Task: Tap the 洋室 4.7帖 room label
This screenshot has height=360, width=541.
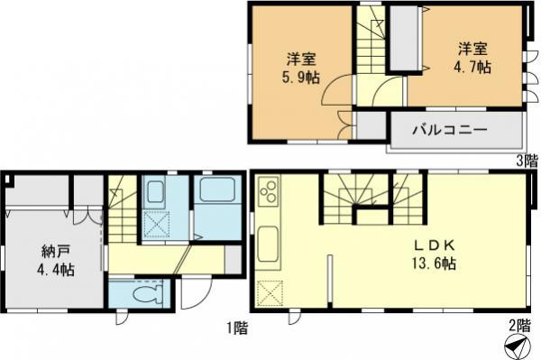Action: (x=472, y=55)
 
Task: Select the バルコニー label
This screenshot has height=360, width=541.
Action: (x=451, y=130)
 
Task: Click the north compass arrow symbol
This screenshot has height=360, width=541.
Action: (x=515, y=347)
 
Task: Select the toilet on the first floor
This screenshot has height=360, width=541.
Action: (x=144, y=295)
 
